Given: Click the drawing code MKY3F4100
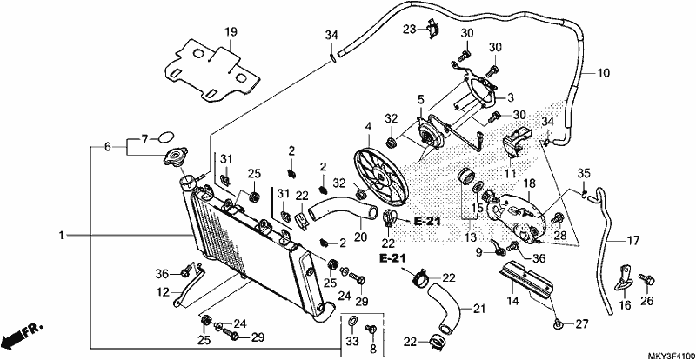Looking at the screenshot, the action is [x=671, y=356].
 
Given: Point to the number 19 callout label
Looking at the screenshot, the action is [x=231, y=32].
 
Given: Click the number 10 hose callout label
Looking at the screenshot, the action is [x=604, y=73].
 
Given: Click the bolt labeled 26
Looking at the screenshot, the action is [x=646, y=281].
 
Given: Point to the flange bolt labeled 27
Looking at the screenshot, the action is [x=558, y=325].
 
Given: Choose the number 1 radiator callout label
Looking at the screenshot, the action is [x=62, y=235].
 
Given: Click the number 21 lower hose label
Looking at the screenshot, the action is [x=479, y=309].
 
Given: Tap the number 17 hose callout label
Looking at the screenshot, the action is [x=633, y=241].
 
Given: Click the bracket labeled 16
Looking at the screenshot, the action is [x=623, y=278].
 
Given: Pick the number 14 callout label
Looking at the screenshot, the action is [x=512, y=301].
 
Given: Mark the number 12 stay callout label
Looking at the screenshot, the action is [x=164, y=292].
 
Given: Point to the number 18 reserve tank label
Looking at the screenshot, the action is [x=530, y=183].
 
